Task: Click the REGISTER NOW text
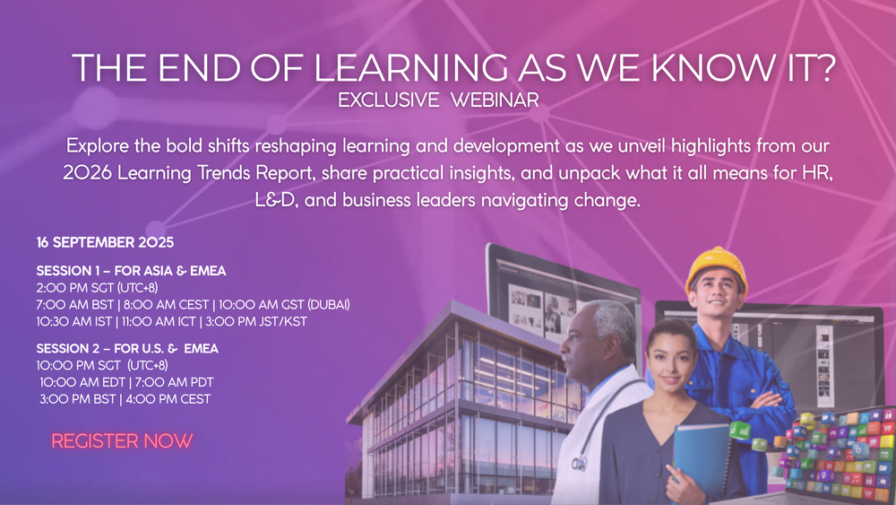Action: point(122,441)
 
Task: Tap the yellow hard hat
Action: point(716,269)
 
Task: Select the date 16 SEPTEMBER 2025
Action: point(105,243)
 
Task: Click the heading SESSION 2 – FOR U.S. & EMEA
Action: point(127,348)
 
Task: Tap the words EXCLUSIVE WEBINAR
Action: point(438,100)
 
